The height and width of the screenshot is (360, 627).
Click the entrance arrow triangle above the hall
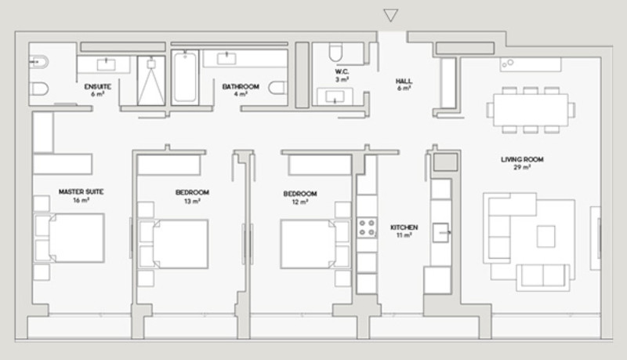(390, 15)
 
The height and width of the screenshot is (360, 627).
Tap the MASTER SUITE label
(82, 191)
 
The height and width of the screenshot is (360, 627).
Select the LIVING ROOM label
(522, 159)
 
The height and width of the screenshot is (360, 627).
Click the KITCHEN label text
(404, 227)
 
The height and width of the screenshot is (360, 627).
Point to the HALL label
(404, 82)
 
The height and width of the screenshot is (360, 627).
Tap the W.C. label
(342, 71)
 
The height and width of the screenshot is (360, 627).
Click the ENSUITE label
(97, 86)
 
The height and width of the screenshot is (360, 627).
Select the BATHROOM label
(241, 86)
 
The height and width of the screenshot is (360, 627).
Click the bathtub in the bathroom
(185, 78)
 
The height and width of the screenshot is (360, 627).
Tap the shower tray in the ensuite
(151, 81)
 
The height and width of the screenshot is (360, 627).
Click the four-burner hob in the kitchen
(367, 228)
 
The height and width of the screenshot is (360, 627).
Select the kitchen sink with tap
(441, 232)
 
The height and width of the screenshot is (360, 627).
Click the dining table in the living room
(531, 110)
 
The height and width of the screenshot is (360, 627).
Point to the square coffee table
(545, 236)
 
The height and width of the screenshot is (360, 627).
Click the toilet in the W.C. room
(336, 52)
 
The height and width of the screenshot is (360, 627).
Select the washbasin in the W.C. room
(335, 96)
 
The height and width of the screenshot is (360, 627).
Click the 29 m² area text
(522, 167)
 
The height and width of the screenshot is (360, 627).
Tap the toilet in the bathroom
(277, 88)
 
